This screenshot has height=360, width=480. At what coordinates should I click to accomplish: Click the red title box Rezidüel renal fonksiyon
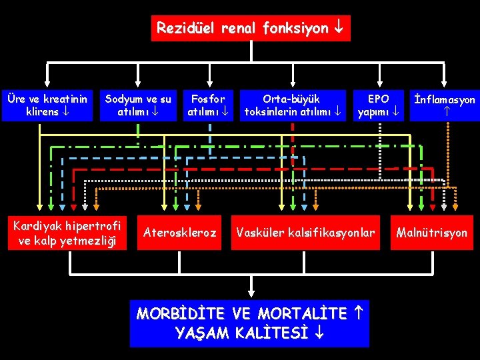[250, 29]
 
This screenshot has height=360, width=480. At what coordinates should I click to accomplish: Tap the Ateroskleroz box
[181, 233]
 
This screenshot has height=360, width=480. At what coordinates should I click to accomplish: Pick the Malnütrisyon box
[432, 233]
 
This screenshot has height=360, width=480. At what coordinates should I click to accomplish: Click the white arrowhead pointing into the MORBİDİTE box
[251, 291]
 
